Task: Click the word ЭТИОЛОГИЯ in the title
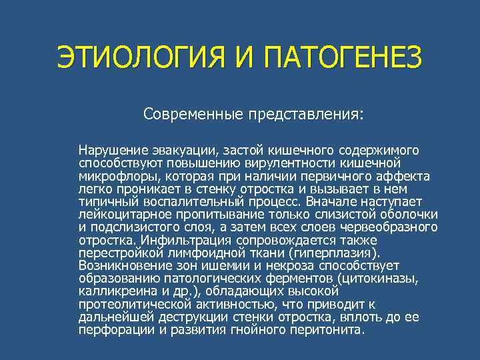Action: click(141, 60)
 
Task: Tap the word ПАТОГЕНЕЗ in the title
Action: click(343, 60)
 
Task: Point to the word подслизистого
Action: click(133, 227)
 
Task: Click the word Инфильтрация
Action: click(172, 240)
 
